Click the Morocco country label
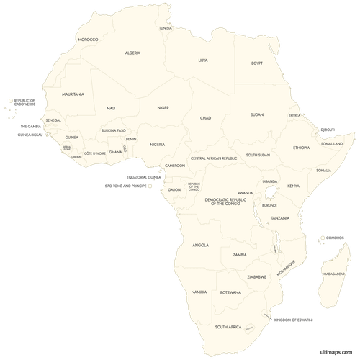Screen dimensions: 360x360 88,39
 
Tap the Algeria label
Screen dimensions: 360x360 132,53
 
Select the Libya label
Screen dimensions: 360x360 204,60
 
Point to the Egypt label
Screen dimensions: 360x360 257,63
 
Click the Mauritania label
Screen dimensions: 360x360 73,94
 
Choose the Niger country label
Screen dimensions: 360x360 163,108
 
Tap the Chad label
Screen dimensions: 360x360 205,117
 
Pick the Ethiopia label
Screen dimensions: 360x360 301,148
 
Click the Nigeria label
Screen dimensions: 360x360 158,144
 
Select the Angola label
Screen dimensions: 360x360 201,245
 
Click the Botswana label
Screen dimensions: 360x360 230,292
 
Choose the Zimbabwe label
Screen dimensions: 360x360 257,276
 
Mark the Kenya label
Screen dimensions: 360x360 293,186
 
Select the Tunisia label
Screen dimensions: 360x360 166,28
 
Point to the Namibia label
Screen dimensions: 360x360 199,292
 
